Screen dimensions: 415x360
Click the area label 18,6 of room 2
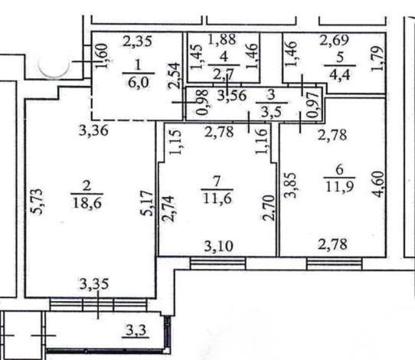87,203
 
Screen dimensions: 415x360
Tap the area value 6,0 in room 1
139,82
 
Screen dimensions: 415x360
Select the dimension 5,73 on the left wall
37,201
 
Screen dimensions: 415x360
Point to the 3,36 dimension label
93,130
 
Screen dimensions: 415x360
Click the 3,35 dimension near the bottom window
94,283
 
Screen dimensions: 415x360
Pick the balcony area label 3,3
136,330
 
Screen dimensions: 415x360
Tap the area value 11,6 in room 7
217,198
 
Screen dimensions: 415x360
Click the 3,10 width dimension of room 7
219,246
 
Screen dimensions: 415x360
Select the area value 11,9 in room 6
339,186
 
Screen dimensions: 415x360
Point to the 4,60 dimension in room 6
378,185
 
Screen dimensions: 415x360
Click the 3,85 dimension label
290,185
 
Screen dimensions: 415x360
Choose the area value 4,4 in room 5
340,74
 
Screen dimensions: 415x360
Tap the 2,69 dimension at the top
335,40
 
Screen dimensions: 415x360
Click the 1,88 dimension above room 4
222,39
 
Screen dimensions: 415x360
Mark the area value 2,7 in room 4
224,75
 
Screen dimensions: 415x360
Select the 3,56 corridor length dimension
232,95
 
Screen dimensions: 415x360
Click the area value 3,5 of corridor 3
271,112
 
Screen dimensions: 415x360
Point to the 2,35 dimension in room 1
137,41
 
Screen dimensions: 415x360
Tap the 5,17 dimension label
148,203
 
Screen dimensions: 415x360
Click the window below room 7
218,263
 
